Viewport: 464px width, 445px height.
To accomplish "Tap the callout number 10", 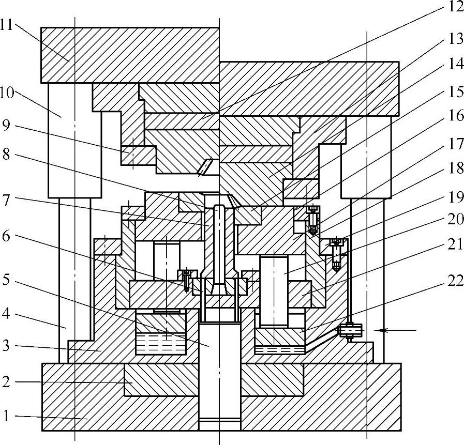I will pos(7,94).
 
